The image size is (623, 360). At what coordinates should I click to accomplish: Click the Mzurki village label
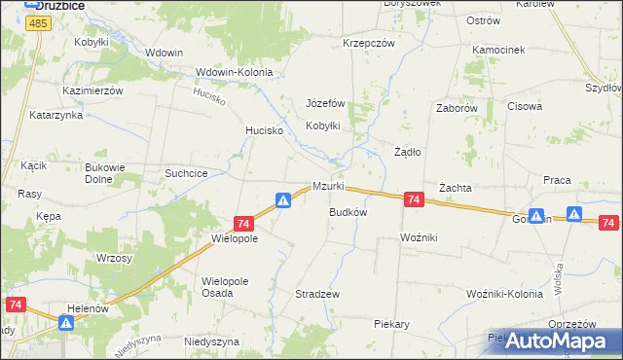tap(328, 187)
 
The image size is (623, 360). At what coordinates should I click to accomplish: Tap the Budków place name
tap(348, 211)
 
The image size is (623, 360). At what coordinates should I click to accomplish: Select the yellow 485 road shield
tap(39, 22)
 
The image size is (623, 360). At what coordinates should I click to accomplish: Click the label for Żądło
tap(407, 152)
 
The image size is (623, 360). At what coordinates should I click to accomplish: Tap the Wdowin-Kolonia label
tap(234, 72)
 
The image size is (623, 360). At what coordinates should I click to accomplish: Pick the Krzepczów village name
tap(368, 44)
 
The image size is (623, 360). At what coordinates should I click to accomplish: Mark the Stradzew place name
tap(316, 293)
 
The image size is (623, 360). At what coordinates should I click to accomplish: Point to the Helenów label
tap(86, 307)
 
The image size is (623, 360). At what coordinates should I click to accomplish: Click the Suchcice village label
tap(186, 173)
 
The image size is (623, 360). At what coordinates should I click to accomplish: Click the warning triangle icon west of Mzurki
tap(282, 200)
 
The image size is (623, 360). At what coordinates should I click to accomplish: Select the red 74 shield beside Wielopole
tap(243, 223)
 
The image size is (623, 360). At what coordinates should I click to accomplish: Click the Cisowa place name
tap(524, 107)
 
